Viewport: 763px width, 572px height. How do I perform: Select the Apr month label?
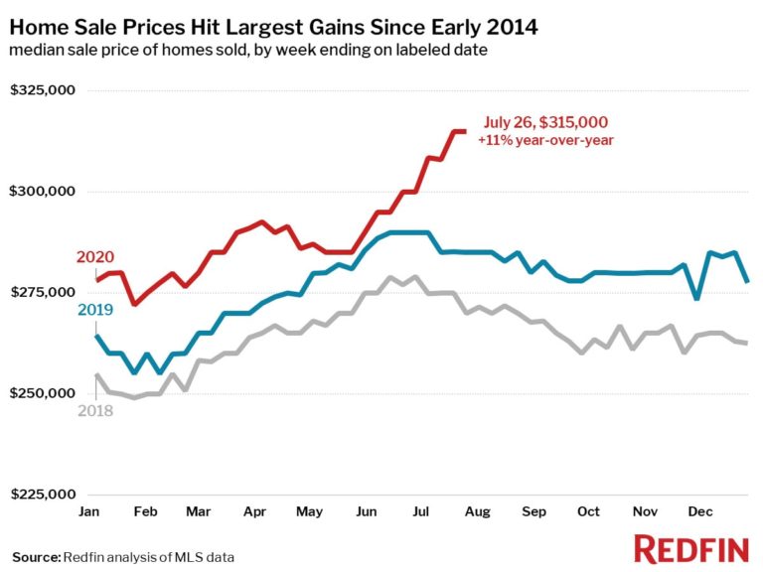254,511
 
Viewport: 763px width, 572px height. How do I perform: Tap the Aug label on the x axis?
478,511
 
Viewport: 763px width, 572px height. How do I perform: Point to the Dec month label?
701,511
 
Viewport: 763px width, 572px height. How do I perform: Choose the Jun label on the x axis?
367,511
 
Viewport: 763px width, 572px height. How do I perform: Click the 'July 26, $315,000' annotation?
545,123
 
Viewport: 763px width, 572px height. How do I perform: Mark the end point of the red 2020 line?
464,131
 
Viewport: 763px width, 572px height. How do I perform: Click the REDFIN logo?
692,548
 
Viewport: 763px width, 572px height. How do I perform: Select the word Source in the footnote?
36,556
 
